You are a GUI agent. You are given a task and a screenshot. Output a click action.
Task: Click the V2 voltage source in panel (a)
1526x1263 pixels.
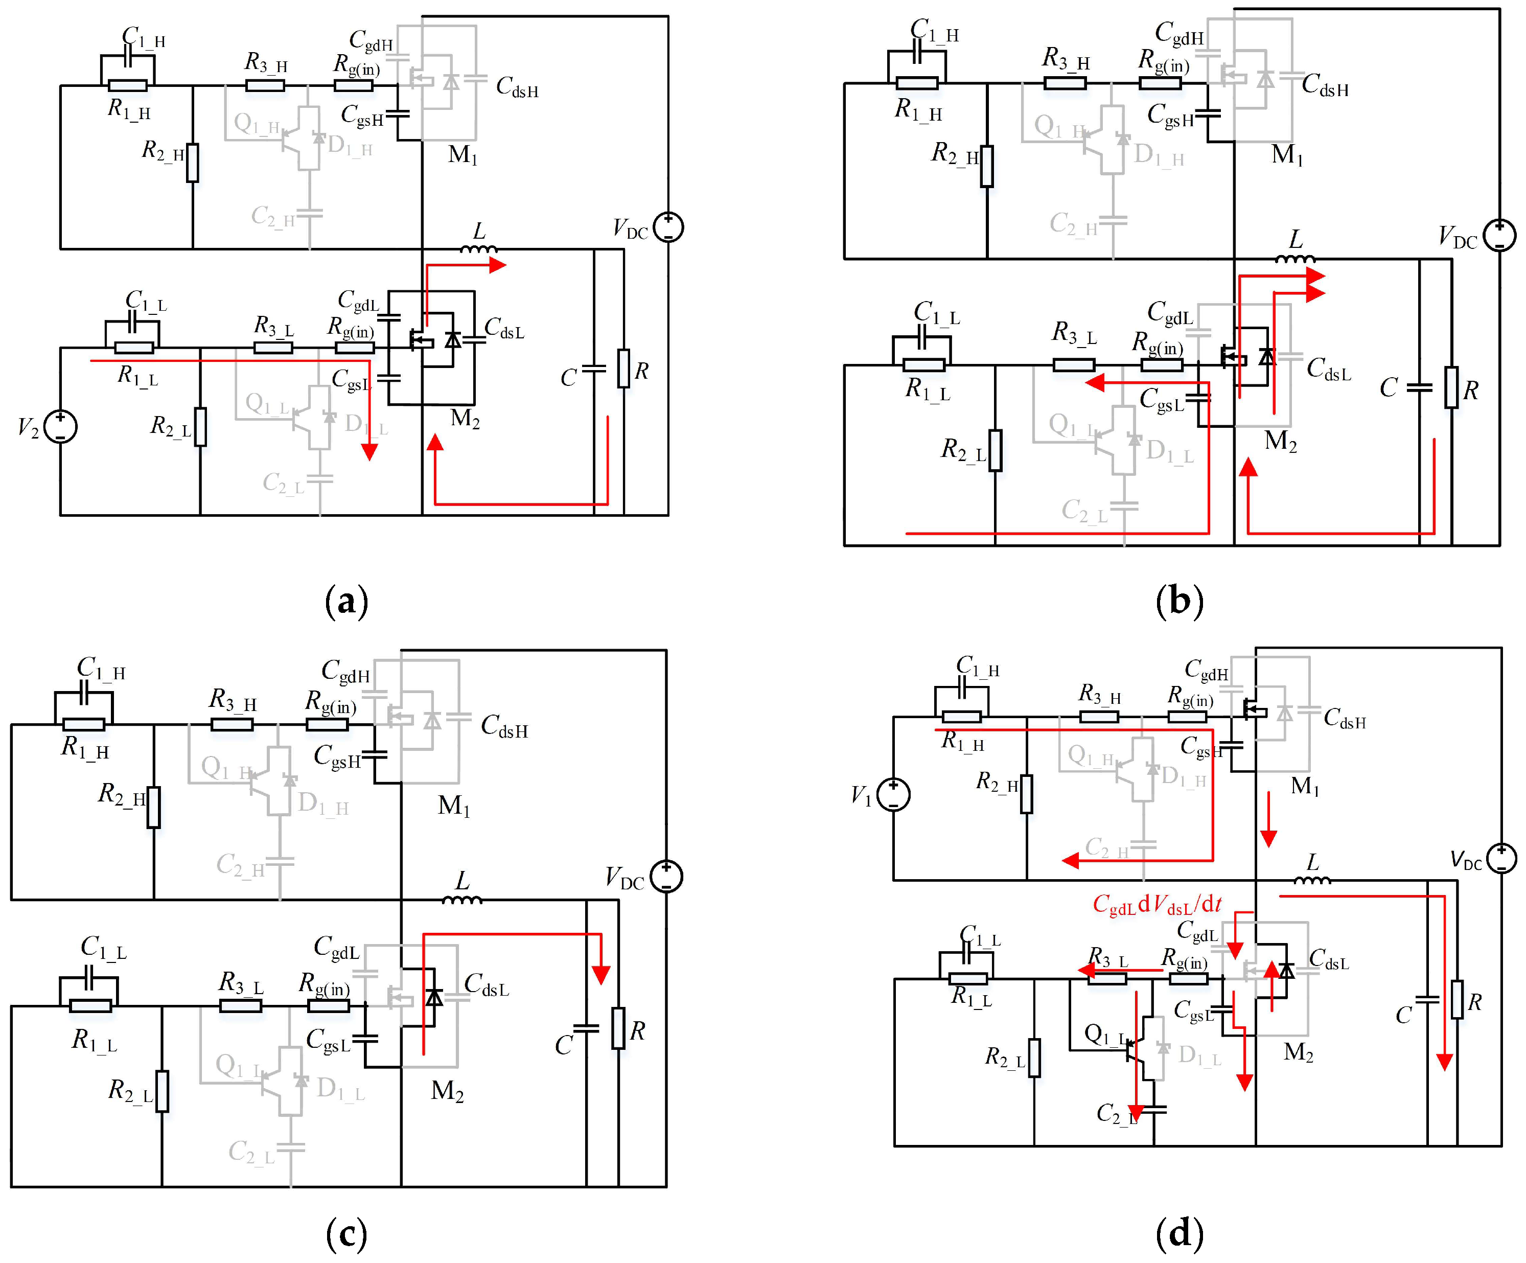point(60,427)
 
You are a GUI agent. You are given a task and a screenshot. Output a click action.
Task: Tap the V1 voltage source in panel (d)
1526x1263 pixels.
point(893,794)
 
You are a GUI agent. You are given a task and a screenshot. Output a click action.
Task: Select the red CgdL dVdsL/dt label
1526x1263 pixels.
point(1157,905)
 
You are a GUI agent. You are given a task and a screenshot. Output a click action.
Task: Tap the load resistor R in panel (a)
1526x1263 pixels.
point(623,369)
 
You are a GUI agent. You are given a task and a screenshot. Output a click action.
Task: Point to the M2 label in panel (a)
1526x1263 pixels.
point(465,419)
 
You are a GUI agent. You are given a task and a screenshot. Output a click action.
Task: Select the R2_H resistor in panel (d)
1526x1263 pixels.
point(1026,794)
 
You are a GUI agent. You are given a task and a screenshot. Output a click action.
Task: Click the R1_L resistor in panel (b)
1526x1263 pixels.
point(923,365)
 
